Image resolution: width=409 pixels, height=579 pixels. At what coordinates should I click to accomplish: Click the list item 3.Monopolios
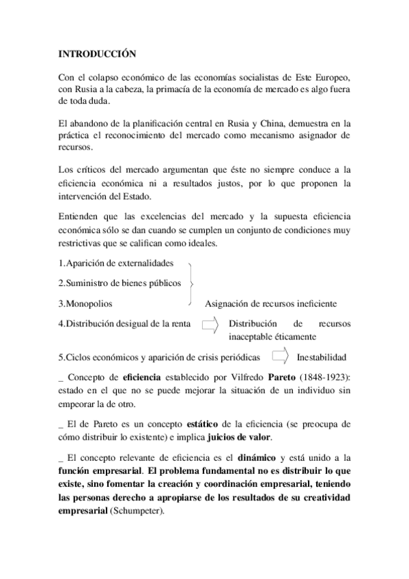pyautogui.click(x=85, y=302)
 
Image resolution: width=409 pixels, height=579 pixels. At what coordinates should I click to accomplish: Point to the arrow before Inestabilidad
pyautogui.click(x=278, y=356)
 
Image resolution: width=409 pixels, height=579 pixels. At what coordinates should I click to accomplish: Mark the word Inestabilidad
pyautogui.click(x=321, y=357)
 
